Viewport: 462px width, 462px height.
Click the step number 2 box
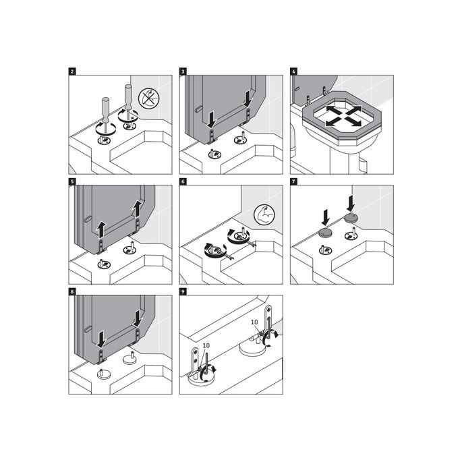(x=72, y=70)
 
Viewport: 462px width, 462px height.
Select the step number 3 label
(x=183, y=70)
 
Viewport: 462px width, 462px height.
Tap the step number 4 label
(x=293, y=70)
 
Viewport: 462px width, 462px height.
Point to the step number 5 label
(x=72, y=181)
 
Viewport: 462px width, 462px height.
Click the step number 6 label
(x=183, y=181)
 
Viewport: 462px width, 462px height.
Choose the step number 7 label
(x=293, y=181)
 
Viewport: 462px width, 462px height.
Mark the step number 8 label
(x=72, y=291)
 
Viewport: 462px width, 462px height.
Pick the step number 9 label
(x=183, y=291)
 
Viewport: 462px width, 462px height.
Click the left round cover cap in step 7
(x=326, y=232)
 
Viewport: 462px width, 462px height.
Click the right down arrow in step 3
(x=248, y=99)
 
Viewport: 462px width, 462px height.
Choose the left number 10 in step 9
(x=206, y=345)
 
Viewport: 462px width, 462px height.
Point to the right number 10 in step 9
(x=254, y=322)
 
